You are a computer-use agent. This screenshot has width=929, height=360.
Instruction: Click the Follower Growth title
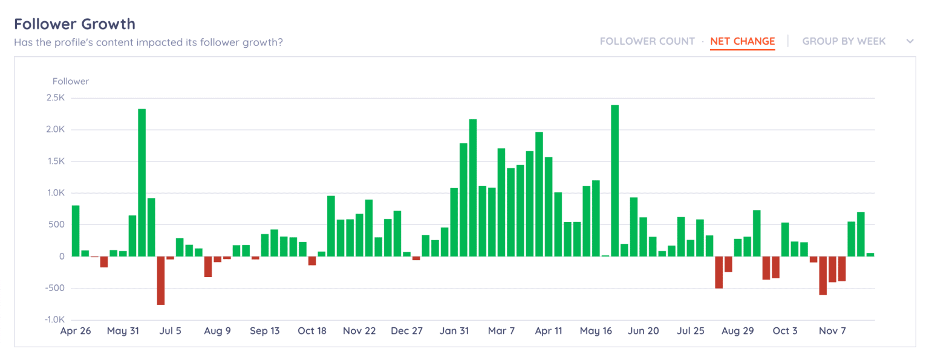(74, 24)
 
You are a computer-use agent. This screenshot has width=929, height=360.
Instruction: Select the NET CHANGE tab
(742, 41)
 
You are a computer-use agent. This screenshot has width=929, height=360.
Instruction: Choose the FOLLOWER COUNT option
(647, 41)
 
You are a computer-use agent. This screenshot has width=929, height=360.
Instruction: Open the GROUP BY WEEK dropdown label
(844, 41)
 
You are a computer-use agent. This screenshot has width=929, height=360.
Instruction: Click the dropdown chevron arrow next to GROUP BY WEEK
(910, 41)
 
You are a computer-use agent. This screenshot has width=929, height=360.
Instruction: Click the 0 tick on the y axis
(61, 257)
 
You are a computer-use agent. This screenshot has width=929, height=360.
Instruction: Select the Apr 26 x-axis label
(76, 331)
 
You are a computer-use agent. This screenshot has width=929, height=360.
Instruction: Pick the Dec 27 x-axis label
(406, 331)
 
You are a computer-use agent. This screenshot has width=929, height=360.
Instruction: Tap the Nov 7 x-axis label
(832, 331)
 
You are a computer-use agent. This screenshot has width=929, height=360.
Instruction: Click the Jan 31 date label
(454, 331)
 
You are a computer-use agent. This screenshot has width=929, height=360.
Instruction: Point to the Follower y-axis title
(71, 81)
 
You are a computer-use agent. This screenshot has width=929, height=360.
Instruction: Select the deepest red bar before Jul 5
(161, 280)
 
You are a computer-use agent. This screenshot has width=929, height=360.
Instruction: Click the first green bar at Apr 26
(76, 231)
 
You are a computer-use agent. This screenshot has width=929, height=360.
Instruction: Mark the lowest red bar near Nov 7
(823, 275)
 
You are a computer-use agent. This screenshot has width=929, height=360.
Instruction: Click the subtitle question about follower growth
(148, 42)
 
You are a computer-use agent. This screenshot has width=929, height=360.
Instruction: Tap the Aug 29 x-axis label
(737, 331)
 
